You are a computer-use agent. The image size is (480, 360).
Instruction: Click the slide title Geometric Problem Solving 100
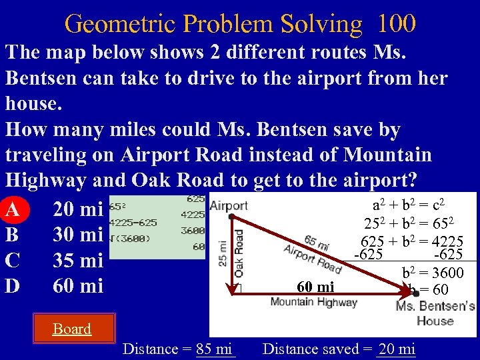coord(240,23)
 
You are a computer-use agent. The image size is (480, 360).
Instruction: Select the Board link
coord(72,329)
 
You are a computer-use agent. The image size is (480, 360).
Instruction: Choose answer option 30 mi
coord(77,235)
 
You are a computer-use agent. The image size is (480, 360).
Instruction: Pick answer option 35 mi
coord(77,261)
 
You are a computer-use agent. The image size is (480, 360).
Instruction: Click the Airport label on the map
coord(229,206)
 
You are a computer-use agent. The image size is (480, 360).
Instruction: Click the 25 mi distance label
coord(223,254)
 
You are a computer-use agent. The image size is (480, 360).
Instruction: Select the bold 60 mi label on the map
coord(315,287)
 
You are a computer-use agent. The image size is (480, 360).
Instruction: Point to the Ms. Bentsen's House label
coord(434,313)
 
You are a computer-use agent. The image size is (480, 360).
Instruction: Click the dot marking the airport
coord(231,217)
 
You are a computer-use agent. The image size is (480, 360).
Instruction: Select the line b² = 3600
coord(433,273)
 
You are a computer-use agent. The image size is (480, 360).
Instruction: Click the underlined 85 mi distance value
coord(215,349)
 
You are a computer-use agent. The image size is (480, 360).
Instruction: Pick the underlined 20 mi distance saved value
coord(396,349)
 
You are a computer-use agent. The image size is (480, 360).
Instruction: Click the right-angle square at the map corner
coord(236,289)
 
